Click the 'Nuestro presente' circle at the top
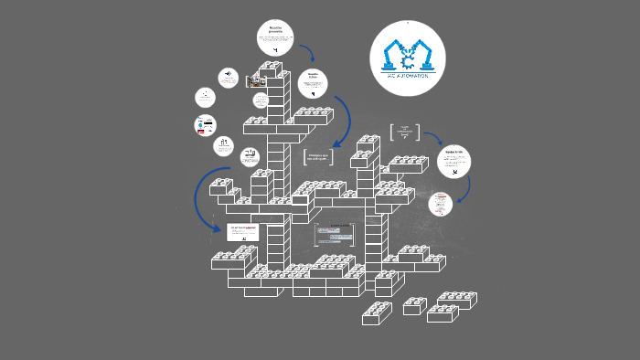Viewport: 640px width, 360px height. (275, 38)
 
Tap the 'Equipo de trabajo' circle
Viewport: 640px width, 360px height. (453, 164)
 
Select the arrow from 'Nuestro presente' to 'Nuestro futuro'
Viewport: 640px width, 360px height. (307, 53)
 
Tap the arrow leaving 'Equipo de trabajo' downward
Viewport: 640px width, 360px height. (467, 186)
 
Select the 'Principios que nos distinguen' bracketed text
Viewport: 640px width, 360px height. (317, 157)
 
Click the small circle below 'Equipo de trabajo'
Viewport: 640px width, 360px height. (441, 203)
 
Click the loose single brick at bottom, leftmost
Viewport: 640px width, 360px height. (377, 312)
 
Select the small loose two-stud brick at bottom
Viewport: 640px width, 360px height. (415, 305)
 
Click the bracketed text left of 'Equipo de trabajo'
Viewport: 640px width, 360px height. (405, 132)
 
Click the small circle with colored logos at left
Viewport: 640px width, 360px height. (207, 125)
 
